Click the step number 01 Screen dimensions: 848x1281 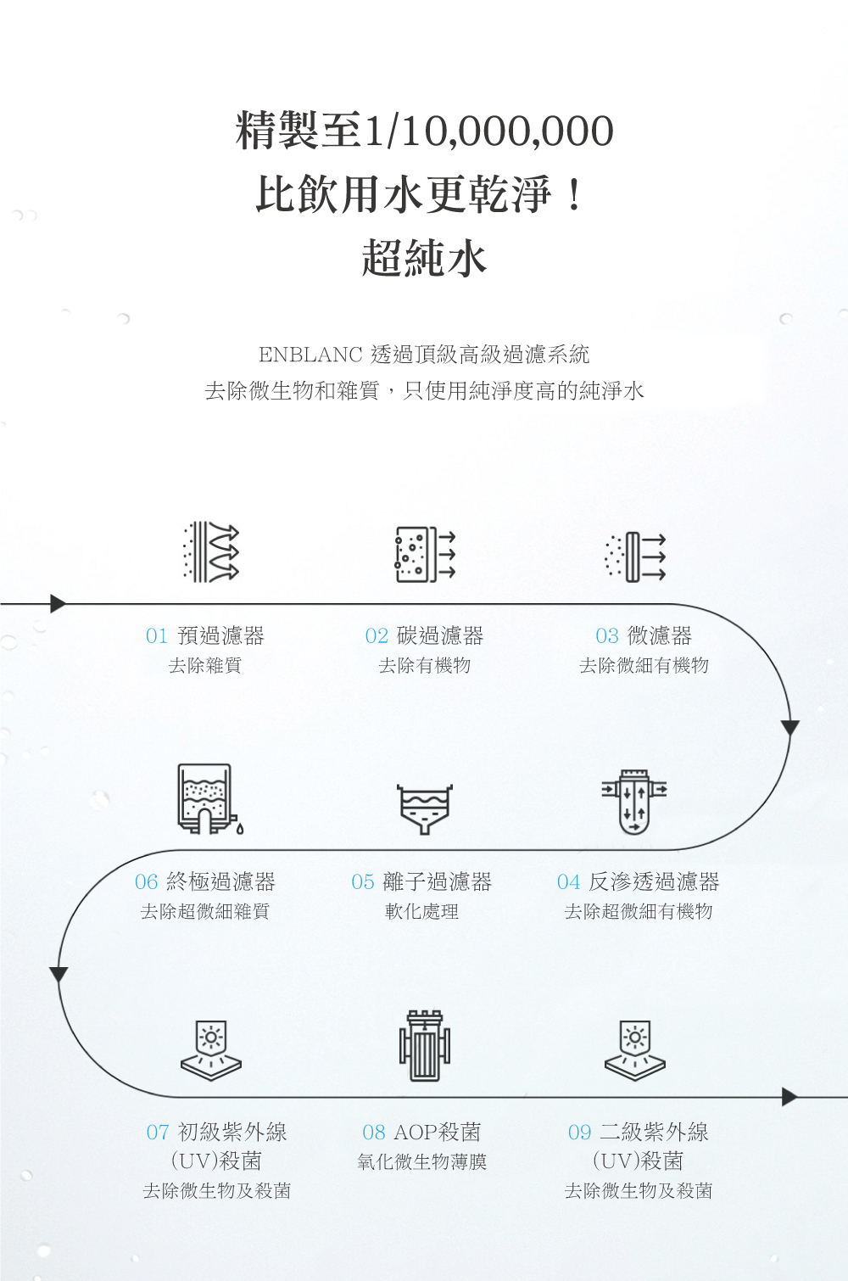(x=157, y=636)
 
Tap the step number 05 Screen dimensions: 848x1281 (x=363, y=881)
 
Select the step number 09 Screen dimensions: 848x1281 (x=579, y=1132)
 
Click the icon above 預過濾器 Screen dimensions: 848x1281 (x=211, y=552)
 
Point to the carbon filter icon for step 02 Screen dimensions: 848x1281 (x=425, y=554)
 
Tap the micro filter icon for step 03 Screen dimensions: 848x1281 (x=635, y=557)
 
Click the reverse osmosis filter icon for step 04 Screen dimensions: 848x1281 (x=634, y=802)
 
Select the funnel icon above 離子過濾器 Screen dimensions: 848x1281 (x=424, y=809)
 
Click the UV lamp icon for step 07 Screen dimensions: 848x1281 (x=211, y=1050)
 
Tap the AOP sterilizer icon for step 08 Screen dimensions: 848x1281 (x=424, y=1046)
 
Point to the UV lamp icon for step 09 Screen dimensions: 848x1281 (x=634, y=1050)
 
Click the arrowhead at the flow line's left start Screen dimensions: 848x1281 (x=58, y=603)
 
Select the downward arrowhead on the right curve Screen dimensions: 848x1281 (x=789, y=728)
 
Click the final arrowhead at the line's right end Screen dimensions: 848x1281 (x=789, y=1097)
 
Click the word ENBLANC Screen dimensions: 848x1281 (x=310, y=355)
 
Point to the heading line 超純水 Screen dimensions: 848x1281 (x=424, y=258)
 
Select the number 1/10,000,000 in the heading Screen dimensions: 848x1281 (x=488, y=131)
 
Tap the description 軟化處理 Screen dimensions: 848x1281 (x=422, y=911)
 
